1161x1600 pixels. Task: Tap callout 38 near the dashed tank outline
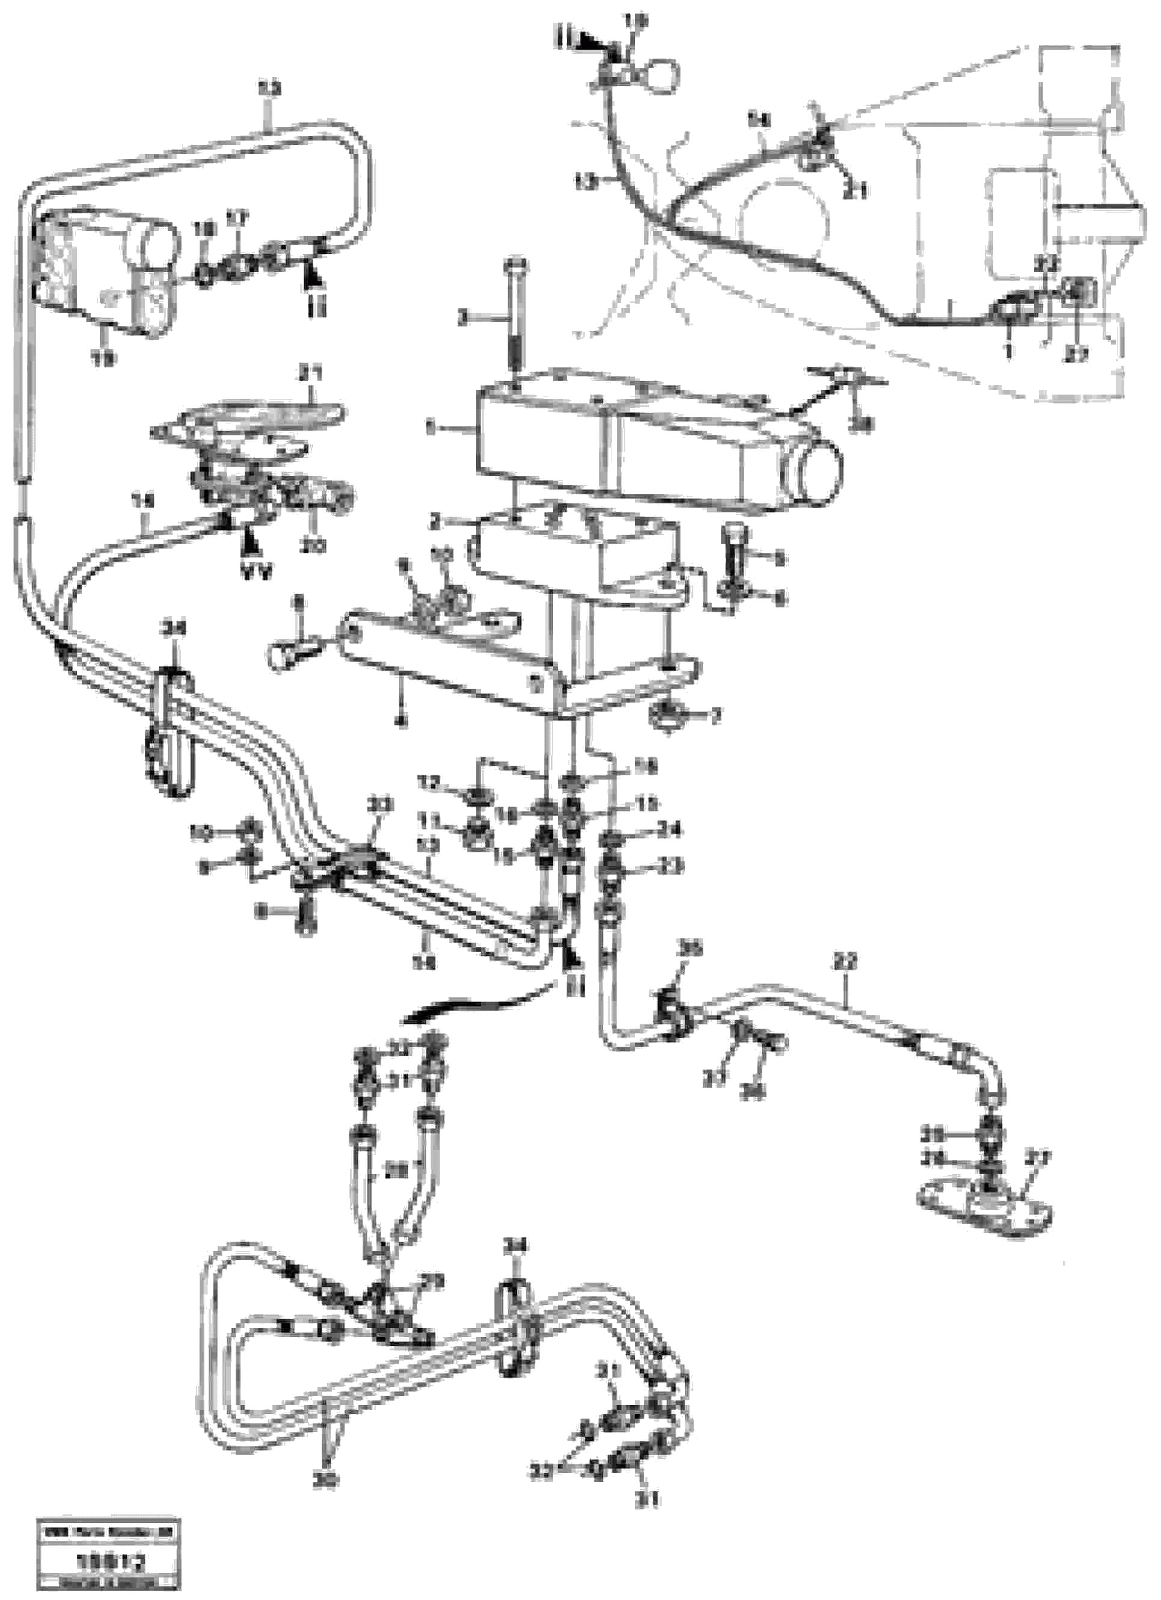860,424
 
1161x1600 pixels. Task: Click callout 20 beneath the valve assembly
313,546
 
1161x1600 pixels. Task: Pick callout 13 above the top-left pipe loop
269,90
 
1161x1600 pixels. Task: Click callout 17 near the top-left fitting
233,221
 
